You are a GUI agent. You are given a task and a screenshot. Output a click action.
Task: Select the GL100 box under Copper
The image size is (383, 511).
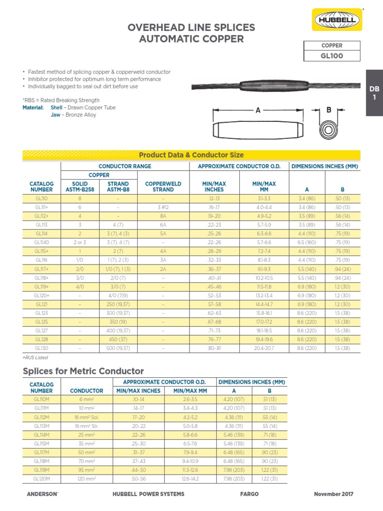click(331, 56)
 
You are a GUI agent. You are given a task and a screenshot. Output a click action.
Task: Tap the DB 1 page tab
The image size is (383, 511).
click(374, 93)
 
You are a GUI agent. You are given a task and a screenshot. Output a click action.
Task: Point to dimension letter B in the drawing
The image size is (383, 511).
click(329, 109)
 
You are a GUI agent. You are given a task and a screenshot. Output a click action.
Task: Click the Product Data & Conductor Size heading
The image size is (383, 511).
click(191, 155)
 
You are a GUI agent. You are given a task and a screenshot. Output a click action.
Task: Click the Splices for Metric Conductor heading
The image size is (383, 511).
click(83, 371)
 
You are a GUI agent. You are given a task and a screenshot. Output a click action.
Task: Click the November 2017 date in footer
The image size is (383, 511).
click(333, 494)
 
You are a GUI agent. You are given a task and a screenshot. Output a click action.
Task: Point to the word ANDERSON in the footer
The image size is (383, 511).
click(41, 494)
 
